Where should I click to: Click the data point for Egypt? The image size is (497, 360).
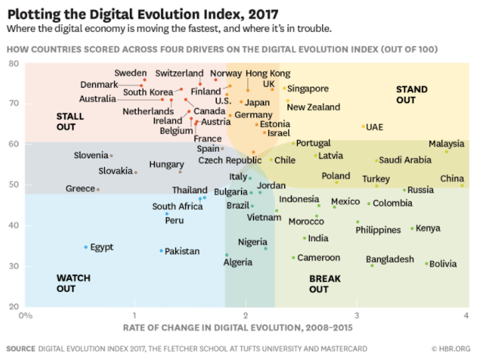click(86, 247)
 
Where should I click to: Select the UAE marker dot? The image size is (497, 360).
click(363, 127)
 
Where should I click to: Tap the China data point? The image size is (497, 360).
click(462, 185)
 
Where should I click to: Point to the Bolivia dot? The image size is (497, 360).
click(426, 264)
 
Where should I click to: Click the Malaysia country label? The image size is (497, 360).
click(446, 144)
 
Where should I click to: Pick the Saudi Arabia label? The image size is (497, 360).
click(405, 160)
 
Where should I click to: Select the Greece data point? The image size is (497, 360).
click(98, 189)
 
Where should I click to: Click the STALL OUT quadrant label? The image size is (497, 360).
click(70, 122)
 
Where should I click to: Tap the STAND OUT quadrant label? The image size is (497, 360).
click(412, 94)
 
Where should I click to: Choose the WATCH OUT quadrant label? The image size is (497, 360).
click(74, 283)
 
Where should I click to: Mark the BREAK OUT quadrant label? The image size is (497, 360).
click(326, 284)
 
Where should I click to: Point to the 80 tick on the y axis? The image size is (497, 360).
click(13, 64)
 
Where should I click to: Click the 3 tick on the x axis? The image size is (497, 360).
click(356, 316)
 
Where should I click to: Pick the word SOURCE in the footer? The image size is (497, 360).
click(21, 349)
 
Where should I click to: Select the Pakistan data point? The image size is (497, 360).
click(162, 251)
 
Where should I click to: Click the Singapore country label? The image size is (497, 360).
click(308, 89)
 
